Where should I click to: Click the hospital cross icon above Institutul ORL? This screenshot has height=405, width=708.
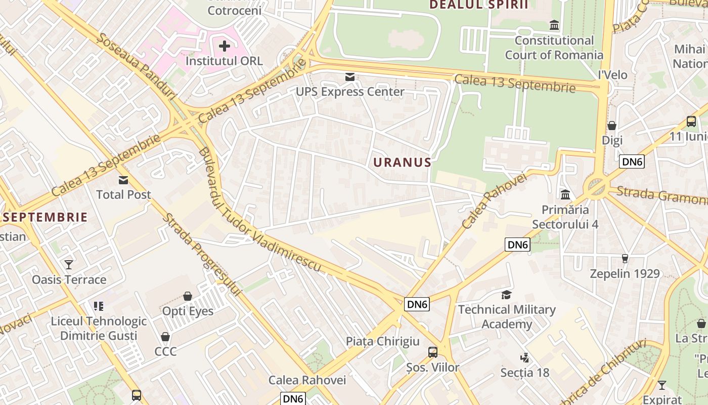pos(224,46)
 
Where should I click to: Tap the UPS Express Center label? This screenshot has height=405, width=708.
pos(350,92)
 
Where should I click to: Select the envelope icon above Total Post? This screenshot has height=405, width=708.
pos(123,180)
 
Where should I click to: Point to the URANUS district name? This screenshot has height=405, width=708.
pos(403,163)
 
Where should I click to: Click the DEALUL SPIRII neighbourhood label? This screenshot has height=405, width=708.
pos(478,5)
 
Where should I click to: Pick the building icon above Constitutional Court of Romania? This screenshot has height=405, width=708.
pos(554,25)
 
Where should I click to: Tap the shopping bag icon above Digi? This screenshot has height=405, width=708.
pos(612,126)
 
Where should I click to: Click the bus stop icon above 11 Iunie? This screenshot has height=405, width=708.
pos(691,121)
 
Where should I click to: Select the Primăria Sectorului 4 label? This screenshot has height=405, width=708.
pos(565,217)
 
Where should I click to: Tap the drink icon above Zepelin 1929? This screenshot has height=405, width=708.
pos(625,259)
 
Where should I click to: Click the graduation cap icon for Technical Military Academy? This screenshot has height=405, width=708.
pos(506,295)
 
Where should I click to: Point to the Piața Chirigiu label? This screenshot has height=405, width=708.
pos(383,341)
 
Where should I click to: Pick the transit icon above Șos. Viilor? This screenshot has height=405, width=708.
pos(433,352)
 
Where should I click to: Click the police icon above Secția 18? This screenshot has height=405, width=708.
pos(525,358)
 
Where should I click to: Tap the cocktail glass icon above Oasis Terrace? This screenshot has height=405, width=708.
pos(69,264)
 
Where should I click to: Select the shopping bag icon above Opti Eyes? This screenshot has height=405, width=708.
pos(188,296)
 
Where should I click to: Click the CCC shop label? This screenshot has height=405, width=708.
pos(165,351)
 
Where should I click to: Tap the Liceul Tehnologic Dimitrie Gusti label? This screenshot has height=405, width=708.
pos(99,328)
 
